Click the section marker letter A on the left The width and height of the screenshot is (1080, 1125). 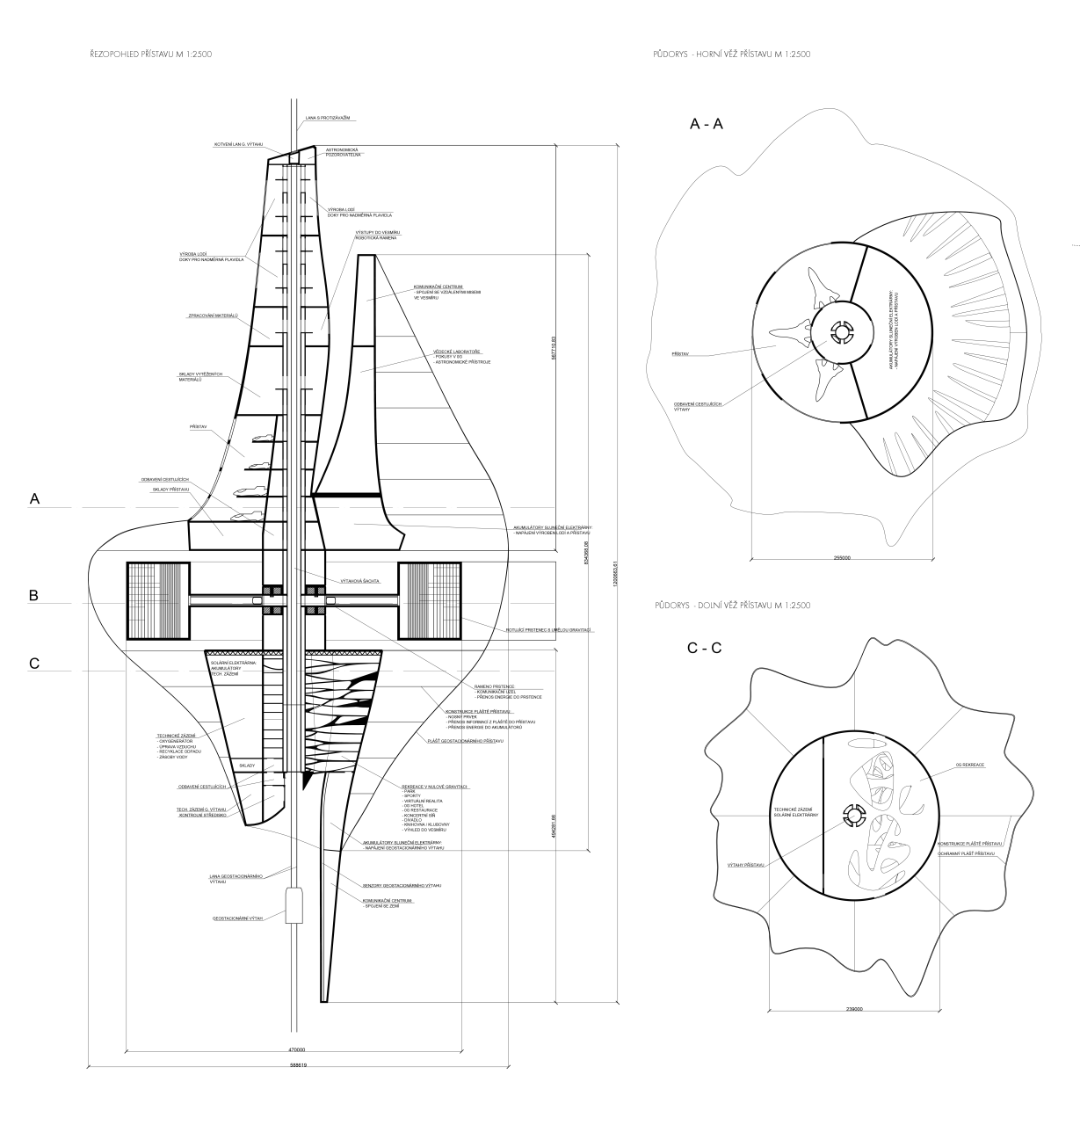click(x=34, y=498)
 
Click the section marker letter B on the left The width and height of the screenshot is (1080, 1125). click(x=33, y=595)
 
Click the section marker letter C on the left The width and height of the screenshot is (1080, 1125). click(x=33, y=664)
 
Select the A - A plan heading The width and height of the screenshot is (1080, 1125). click(x=707, y=125)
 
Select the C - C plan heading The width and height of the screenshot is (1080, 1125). click(x=704, y=649)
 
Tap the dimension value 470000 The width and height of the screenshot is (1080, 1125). click(x=296, y=1049)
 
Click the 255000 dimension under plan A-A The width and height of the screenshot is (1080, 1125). click(x=841, y=559)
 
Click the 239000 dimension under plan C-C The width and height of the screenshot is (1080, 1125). click(x=852, y=1009)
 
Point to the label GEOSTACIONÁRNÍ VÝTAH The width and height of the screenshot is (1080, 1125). click(x=238, y=918)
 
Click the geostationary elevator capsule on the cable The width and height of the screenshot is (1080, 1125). click(x=294, y=904)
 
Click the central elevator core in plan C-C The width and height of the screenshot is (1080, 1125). click(x=852, y=817)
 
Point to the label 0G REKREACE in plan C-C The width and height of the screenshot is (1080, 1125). click(x=970, y=765)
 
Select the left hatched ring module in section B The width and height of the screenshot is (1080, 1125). click(x=154, y=600)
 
